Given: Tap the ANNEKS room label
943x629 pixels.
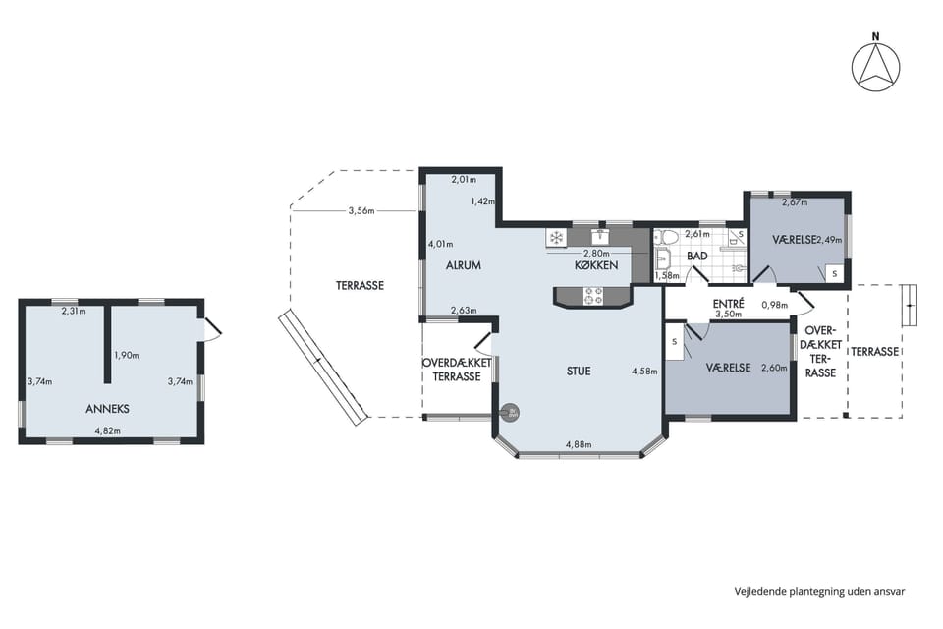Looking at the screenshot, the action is coord(107,409).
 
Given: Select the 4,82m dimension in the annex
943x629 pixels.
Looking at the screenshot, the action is coord(108,431).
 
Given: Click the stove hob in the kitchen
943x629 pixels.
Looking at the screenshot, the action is coord(593,296).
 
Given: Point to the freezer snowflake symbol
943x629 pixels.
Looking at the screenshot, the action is coord(556,238).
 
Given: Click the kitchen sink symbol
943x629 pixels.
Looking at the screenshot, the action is coord(600,235).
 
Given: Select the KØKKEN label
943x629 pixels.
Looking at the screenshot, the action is coord(596,265).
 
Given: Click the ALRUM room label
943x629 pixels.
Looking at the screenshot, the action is coord(463,265).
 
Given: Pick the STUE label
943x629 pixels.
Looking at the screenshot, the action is coord(579,372).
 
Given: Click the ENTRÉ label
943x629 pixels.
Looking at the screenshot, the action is coord(728,304).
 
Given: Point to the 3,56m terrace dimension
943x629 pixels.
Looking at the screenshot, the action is coord(361,210).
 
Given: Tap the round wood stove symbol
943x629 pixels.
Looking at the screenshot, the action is coord(511,413).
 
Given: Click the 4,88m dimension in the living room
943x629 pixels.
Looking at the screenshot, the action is coord(579,445).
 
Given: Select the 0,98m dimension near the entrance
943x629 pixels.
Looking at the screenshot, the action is coord(775,305).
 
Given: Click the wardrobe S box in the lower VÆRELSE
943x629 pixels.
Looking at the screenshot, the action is coord(674,342).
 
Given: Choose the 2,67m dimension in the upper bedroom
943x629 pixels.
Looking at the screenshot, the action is coord(795,202).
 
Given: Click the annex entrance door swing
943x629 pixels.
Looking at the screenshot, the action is coord(212,329).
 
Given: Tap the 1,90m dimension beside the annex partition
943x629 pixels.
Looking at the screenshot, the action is coord(127,355).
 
